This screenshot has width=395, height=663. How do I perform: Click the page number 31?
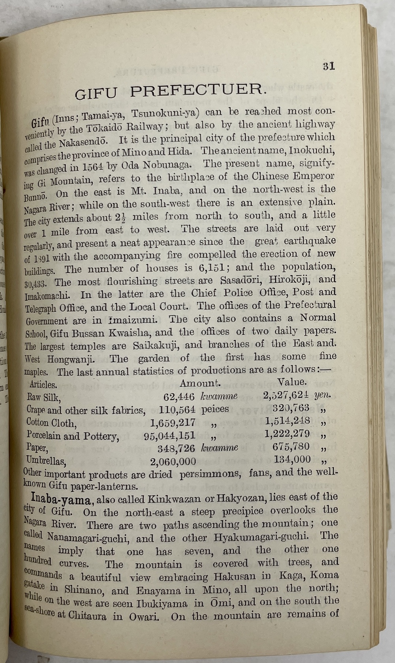(x=329, y=66)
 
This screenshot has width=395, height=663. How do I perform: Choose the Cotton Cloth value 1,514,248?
(x=288, y=421)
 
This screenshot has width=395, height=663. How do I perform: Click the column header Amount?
(x=200, y=383)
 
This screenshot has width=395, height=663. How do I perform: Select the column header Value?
(x=292, y=382)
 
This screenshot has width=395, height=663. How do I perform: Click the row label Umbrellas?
(x=46, y=460)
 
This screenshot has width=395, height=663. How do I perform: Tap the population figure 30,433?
(x=36, y=284)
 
